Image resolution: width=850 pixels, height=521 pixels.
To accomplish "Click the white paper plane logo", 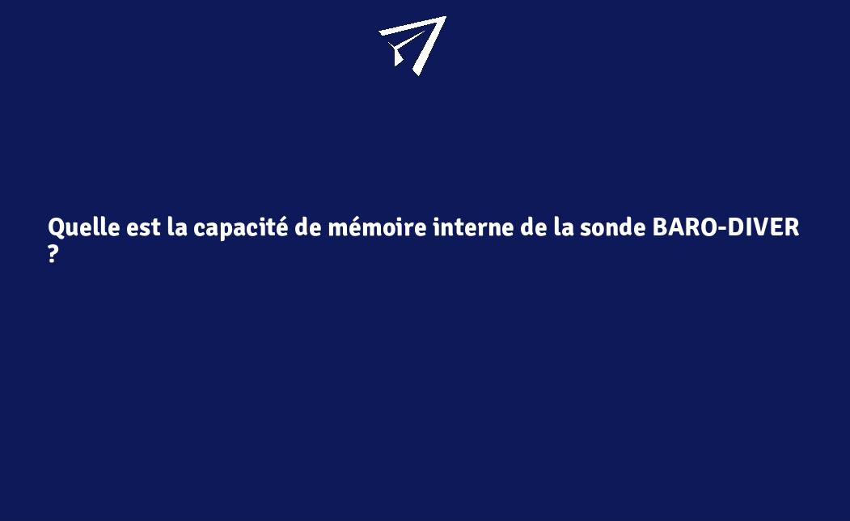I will coord(413,44).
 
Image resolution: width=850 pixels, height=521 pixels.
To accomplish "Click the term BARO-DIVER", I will coord(725,228).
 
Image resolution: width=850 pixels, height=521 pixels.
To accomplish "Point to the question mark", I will coord(53,254).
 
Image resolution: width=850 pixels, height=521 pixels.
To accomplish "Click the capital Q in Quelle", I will coord(57,228).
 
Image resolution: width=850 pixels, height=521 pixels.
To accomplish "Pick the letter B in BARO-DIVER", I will coord(660,228).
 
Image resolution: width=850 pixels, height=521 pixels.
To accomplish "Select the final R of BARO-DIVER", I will coord(791,228).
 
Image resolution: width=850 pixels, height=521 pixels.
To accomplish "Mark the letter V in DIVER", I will coord(760,228).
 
